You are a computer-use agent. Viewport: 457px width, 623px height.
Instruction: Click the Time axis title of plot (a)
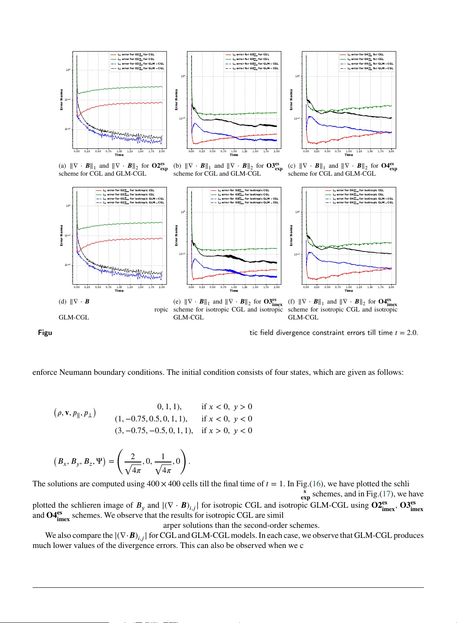tap(119, 155)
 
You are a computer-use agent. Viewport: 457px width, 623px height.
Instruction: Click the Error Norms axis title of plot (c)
tap(291, 100)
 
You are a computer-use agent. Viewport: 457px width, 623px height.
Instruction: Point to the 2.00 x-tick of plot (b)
tap(277, 151)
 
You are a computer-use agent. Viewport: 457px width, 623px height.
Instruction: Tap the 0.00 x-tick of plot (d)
tap(77, 287)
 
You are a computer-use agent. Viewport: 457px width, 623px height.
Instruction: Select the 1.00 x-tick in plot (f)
tap(348, 287)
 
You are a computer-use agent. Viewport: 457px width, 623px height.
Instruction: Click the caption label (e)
tap(177, 301)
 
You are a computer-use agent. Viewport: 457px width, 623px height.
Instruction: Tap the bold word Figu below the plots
tap(45, 332)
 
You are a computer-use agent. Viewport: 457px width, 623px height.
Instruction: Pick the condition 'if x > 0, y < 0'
tap(227, 431)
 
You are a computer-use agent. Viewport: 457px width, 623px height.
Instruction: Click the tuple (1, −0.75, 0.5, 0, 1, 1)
tap(151, 419)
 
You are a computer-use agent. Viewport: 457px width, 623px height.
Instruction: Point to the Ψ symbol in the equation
tap(99, 462)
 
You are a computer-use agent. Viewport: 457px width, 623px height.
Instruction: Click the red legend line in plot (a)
tap(113, 55)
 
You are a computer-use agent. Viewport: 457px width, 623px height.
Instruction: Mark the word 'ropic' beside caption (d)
tap(161, 309)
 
